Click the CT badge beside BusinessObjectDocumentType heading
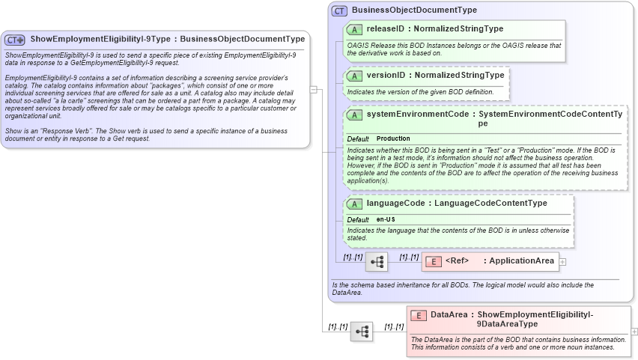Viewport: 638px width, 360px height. (339, 10)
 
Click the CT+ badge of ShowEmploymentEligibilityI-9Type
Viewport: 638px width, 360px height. (15, 39)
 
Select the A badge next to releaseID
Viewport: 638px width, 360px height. (355, 29)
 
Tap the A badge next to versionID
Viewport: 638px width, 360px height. (355, 76)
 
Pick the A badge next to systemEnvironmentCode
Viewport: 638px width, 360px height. (355, 115)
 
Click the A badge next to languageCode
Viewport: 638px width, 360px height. (355, 204)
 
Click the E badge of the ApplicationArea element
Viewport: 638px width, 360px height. (434, 261)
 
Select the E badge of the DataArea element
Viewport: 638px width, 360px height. (419, 315)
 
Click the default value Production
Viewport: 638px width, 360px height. (393, 139)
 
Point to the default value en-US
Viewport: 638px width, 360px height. (386, 219)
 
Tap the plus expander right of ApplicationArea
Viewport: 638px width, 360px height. (563, 261)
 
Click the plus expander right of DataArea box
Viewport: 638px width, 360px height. (634, 331)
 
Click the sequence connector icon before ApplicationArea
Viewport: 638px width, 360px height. (377, 262)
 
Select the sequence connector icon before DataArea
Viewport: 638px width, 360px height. (362, 332)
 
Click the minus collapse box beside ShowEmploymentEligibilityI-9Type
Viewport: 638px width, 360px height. (314, 89)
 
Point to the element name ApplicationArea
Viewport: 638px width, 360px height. (522, 261)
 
